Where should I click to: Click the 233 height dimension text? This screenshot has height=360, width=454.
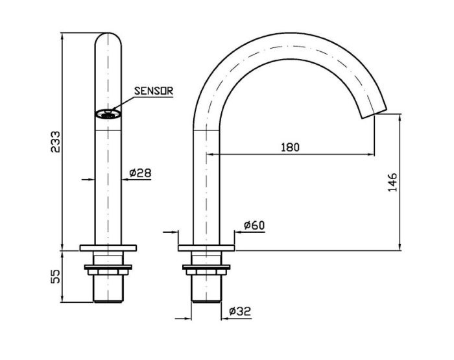(55, 142)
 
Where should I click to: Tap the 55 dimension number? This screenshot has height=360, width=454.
(55, 276)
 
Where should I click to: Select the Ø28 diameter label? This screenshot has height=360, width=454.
(141, 173)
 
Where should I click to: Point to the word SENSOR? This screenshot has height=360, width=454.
(154, 91)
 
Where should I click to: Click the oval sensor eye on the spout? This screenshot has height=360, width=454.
(108, 114)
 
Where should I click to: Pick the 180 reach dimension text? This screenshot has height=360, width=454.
(290, 147)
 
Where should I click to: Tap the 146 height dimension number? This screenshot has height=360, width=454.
(392, 182)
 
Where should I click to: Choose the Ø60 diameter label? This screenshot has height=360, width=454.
(254, 225)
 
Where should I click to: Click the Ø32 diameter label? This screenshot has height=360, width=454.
(240, 311)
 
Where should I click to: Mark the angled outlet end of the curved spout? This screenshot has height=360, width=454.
(374, 114)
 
